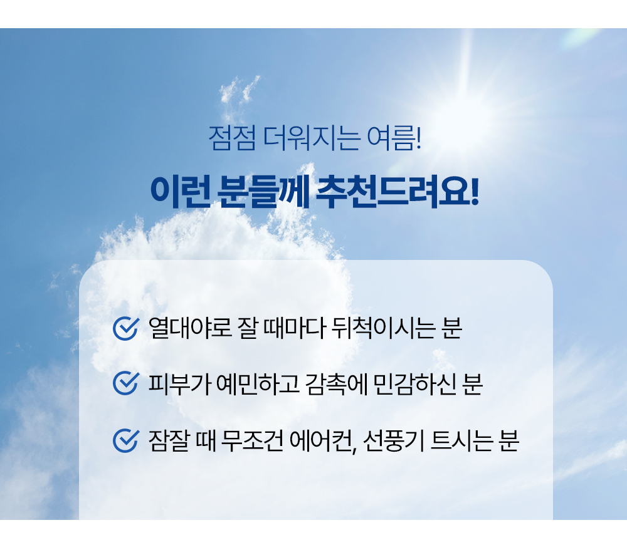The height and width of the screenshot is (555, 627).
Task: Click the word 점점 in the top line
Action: (231, 138)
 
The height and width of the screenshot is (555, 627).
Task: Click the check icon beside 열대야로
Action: (126, 328)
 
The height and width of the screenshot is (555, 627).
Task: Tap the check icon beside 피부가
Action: (126, 383)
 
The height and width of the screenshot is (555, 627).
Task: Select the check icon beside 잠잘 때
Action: (126, 441)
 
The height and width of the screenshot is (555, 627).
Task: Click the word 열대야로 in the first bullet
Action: (190, 328)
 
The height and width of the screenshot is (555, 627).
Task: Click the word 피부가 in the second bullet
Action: (179, 384)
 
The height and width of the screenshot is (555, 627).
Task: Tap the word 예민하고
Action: (258, 384)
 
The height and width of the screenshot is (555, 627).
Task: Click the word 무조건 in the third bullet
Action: (251, 441)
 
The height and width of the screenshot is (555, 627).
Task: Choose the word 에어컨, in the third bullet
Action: (323, 442)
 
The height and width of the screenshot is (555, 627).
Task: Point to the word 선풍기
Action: (394, 441)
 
